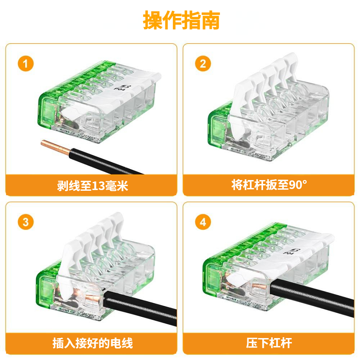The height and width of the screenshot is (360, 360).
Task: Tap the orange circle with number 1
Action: coord(26,64)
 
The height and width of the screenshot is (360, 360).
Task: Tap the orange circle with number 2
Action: coord(203,64)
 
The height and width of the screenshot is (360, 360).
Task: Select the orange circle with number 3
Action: coord(26,222)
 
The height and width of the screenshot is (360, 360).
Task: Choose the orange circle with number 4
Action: coord(203,222)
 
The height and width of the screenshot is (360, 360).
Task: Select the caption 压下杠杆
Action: coord(269,343)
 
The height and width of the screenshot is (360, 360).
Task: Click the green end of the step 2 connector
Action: coord(218,124)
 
